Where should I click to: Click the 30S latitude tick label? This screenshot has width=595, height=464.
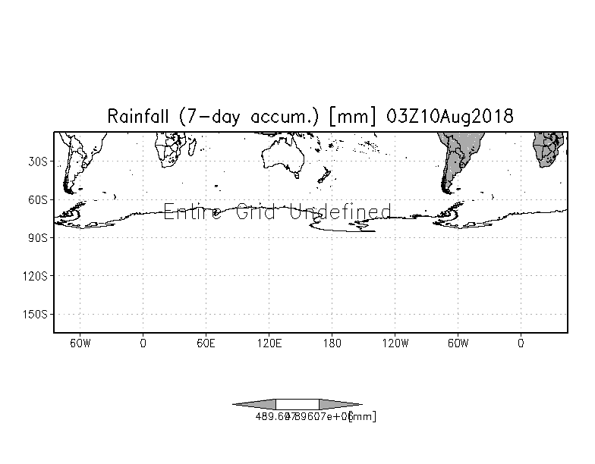[39, 161]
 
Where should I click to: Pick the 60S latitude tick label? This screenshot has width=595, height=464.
[39, 199]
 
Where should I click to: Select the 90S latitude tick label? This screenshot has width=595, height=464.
[39, 237]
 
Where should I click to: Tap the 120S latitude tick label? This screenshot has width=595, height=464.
[36, 275]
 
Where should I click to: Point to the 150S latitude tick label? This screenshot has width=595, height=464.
[36, 313]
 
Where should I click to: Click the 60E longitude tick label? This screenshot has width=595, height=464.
[206, 343]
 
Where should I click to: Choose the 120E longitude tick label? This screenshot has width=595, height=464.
[269, 343]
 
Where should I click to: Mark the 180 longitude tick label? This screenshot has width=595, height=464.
[332, 343]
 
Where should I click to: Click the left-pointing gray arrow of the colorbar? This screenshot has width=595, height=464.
[255, 404]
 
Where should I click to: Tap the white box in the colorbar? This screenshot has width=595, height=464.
[297, 404]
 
